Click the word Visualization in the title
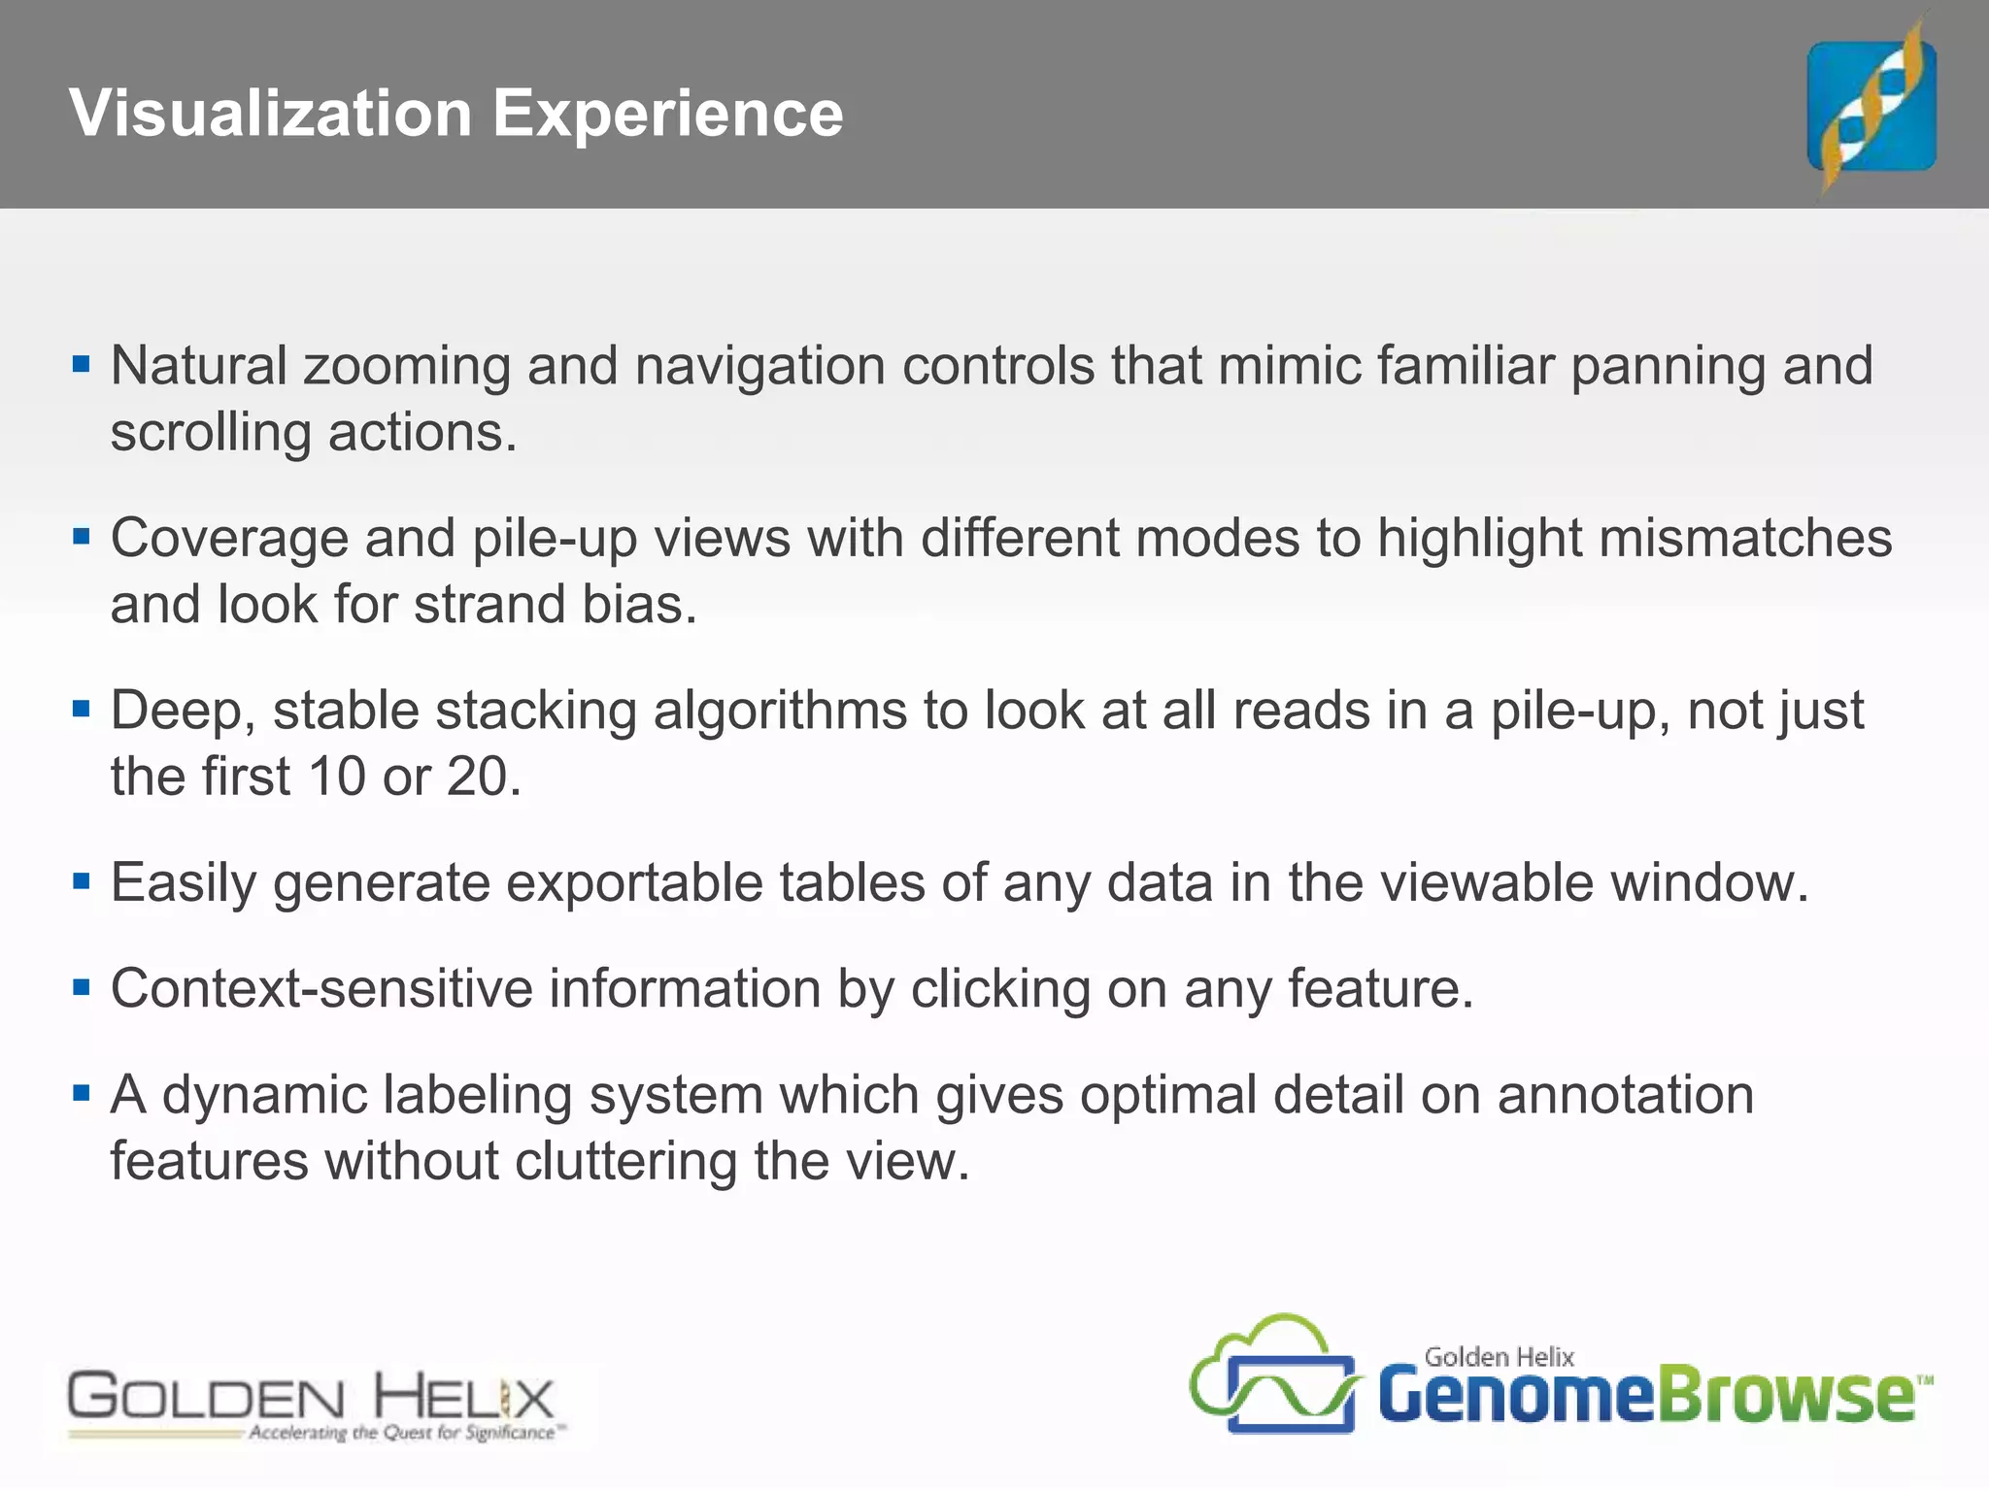click(x=271, y=114)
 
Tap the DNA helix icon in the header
click(x=1871, y=106)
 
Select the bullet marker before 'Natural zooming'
click(x=82, y=365)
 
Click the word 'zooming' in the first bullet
click(x=407, y=368)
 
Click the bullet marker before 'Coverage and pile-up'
click(x=82, y=536)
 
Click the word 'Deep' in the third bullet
click(x=179, y=712)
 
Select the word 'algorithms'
click(x=772, y=712)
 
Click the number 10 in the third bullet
click(x=337, y=777)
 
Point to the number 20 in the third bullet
click(x=477, y=777)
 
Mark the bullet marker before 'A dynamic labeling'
click(x=82, y=1094)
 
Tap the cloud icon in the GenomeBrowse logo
click(x=1272, y=1374)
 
